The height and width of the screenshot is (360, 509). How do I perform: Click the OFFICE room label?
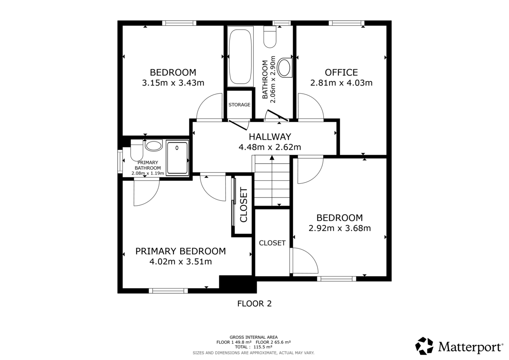341,73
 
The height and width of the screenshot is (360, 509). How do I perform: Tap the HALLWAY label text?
270,137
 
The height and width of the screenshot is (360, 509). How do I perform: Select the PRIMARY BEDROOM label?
180,251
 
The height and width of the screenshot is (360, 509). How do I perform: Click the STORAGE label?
239,105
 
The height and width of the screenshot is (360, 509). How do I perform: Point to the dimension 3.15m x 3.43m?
173,83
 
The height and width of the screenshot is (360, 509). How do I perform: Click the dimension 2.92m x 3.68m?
339,228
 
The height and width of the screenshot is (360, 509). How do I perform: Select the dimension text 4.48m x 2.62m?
270,148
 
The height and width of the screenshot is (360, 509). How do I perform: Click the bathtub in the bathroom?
241,56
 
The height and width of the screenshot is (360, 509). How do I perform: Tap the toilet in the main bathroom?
270,36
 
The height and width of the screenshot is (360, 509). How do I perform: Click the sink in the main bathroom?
286,68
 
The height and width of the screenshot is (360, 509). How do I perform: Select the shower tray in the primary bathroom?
177,158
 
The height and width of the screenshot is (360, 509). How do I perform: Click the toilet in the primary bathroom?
137,150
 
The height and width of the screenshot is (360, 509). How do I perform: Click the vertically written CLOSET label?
243,205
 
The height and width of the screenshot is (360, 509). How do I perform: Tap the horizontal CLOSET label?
272,243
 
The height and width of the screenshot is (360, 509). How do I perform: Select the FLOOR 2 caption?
254,304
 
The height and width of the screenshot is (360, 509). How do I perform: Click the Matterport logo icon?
424,346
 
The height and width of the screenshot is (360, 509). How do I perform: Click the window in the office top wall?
346,23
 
